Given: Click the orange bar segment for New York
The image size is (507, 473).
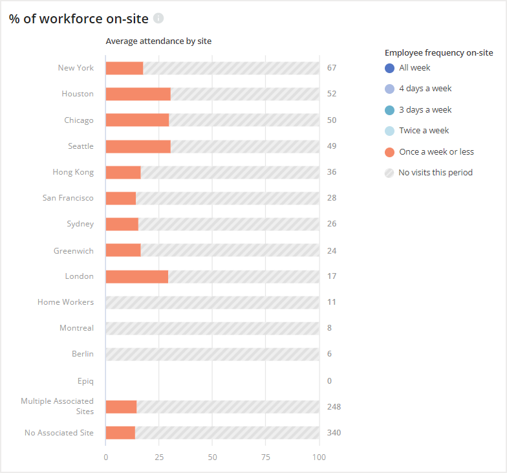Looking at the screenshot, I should [x=124, y=68].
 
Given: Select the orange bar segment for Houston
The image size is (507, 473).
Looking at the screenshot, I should [x=138, y=94].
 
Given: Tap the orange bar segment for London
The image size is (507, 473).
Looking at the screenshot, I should [x=136, y=276].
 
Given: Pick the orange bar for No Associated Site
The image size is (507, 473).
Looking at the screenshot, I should [x=120, y=433].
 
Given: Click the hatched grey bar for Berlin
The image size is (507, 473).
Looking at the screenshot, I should [x=212, y=354].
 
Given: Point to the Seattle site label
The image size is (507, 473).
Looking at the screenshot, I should [x=81, y=146].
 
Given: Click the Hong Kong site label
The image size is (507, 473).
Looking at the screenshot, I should [x=73, y=172].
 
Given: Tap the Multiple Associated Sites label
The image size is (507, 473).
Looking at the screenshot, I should [x=57, y=406].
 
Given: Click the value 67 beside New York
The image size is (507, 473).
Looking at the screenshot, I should [x=332, y=68].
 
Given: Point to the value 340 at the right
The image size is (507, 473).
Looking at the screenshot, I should [x=334, y=433].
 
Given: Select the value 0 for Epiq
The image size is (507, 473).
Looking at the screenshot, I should [x=329, y=380].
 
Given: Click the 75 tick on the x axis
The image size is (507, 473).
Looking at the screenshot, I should [x=266, y=457].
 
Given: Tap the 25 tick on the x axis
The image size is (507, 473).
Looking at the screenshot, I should [x=159, y=457].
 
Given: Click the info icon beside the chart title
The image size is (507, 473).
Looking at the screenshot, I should [x=158, y=18].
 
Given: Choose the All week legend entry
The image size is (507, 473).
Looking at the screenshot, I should [x=414, y=68].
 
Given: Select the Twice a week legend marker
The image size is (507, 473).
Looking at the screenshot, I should [x=389, y=131].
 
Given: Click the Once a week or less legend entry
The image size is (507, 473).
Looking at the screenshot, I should [x=436, y=152].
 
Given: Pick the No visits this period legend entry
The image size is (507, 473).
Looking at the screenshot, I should [x=435, y=173].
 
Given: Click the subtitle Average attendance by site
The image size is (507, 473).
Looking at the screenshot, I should [x=158, y=41].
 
